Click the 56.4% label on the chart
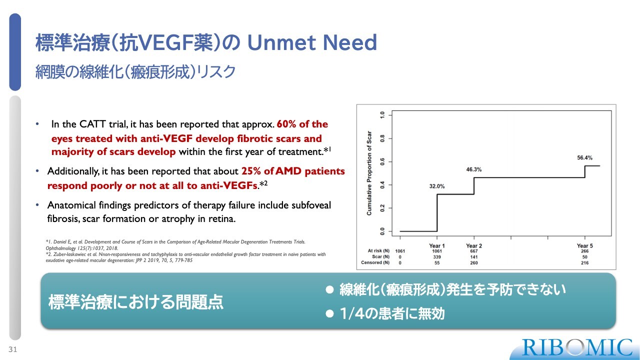[x=584, y=157]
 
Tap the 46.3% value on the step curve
[x=473, y=169]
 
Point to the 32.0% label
[x=437, y=186]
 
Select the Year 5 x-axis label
[x=584, y=245]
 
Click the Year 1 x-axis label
[x=437, y=245]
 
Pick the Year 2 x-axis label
[x=473, y=245]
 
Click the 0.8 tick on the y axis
[x=382, y=138]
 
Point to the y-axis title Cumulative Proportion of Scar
[x=369, y=173]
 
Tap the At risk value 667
[x=473, y=251]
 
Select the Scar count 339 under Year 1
[x=437, y=257]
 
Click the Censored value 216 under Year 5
[x=584, y=262]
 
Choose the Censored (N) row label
[x=375, y=262]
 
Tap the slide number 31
[x=13, y=349]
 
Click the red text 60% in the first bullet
[x=286, y=124]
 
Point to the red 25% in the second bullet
[x=251, y=171]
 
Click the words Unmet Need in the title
[x=312, y=42]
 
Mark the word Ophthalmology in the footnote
[x=60, y=248]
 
